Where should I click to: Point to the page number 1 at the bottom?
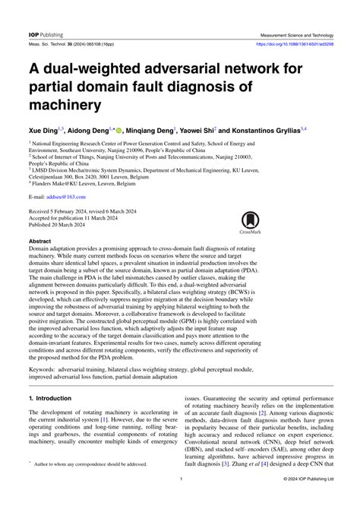[x=180, y=500]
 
